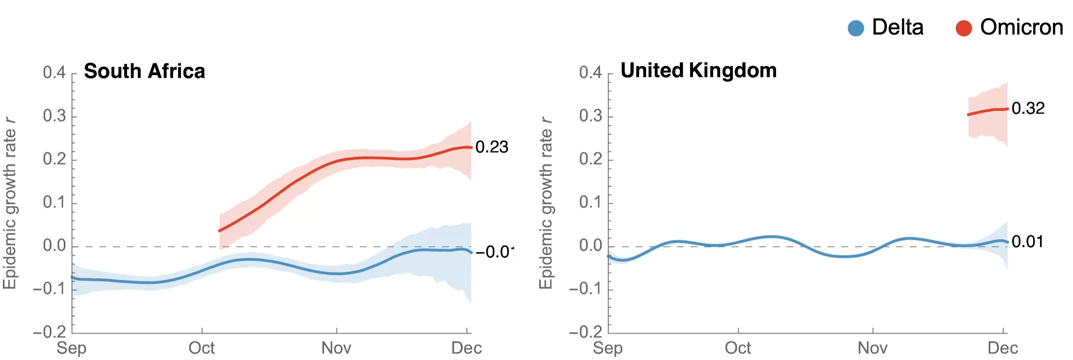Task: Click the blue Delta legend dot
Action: [856, 28]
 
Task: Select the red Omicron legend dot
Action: [964, 28]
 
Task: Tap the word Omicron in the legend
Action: [1022, 28]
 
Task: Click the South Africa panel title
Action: [144, 71]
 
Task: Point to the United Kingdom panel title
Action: [698, 70]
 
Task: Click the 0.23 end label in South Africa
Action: [492, 147]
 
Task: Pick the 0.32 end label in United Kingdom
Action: [1028, 108]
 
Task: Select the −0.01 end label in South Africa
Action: [495, 252]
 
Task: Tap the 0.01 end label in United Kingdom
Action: [1028, 242]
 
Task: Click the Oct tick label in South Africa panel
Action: [202, 348]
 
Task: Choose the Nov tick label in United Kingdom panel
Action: [873, 348]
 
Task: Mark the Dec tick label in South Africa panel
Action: [466, 348]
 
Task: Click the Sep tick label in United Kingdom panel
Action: [608, 348]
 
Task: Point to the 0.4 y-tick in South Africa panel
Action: [55, 72]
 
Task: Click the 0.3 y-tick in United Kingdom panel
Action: [591, 116]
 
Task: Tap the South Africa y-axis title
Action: [9, 203]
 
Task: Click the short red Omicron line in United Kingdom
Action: [987, 111]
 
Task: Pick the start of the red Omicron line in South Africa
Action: [219, 231]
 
